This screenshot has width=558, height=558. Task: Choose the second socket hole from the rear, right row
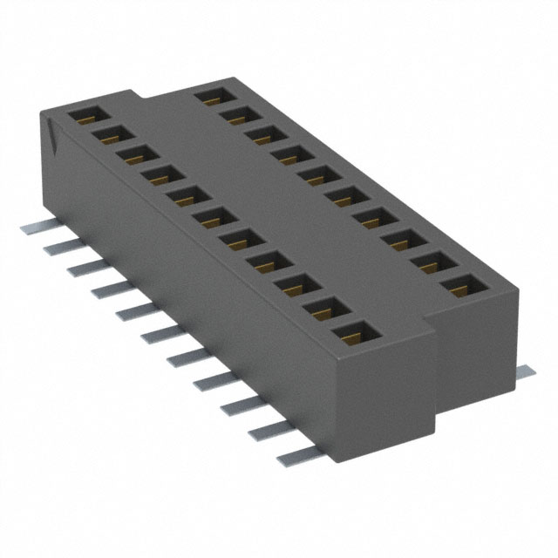click(235, 113)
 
